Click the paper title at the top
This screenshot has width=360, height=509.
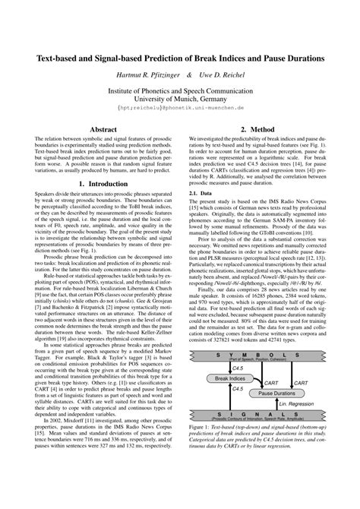pos(180,58)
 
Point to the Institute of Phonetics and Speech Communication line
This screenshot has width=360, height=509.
pos(180,89)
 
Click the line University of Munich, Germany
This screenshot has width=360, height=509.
pos(180,98)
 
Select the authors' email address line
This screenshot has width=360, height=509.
pos(180,109)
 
